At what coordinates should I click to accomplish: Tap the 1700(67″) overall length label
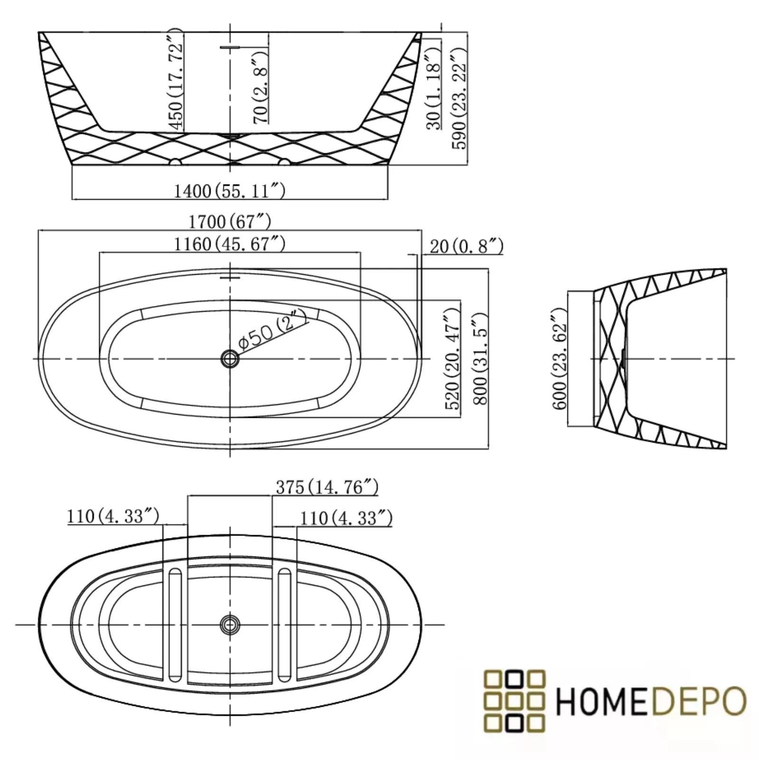[x=230, y=221]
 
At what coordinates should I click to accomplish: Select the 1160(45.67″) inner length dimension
[x=230, y=244]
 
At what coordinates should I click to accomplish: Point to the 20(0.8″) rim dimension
[x=466, y=246]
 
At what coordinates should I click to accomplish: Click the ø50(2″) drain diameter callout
[x=272, y=331]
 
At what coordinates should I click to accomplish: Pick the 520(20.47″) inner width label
[x=452, y=359]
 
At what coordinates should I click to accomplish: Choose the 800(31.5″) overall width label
[x=480, y=359]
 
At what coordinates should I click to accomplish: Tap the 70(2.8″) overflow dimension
[x=261, y=88]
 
